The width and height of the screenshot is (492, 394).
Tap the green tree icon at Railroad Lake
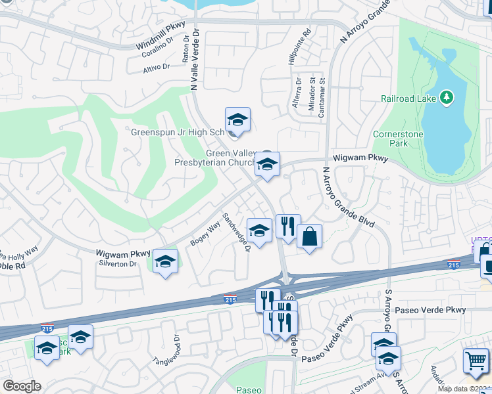tap(447, 98)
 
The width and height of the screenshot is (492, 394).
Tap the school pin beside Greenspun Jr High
tap(237, 120)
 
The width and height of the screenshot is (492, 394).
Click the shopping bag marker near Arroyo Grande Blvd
tap(309, 236)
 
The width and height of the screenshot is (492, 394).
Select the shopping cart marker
tap(476, 361)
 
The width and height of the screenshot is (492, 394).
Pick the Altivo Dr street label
tap(157, 67)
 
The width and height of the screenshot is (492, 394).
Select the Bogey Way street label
tap(205, 234)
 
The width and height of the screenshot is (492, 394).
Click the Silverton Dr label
tap(117, 264)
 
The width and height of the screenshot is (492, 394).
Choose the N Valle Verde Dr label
tap(196, 60)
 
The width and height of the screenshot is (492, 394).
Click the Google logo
tap(22, 387)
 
